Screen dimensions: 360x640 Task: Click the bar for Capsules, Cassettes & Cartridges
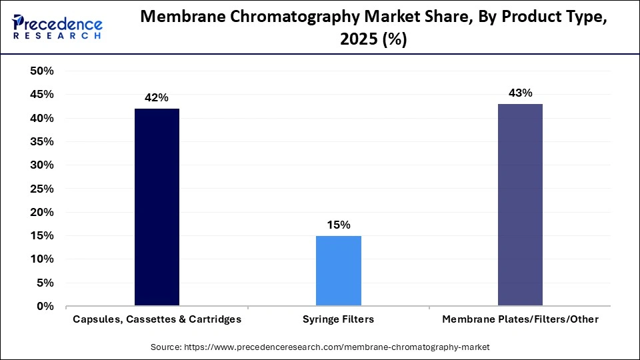[157, 207]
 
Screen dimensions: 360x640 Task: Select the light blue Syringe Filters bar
[339, 271]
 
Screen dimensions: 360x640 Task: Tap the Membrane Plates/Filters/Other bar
[520, 205]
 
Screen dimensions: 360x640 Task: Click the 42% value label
[157, 97]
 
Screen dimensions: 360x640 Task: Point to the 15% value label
[339, 225]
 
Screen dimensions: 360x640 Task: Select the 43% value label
[520, 93]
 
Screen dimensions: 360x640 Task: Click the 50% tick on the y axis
[42, 71]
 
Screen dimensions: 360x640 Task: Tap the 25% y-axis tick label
[42, 189]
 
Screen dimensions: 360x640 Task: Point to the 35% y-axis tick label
[42, 142]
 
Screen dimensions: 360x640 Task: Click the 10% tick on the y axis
[42, 259]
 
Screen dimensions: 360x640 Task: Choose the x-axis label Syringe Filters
[339, 319]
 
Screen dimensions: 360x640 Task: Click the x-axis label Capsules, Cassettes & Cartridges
[157, 319]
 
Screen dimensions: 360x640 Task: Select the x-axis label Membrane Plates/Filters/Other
[520, 319]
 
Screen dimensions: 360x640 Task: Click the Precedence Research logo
[57, 27]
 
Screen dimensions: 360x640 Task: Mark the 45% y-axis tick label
[42, 95]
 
